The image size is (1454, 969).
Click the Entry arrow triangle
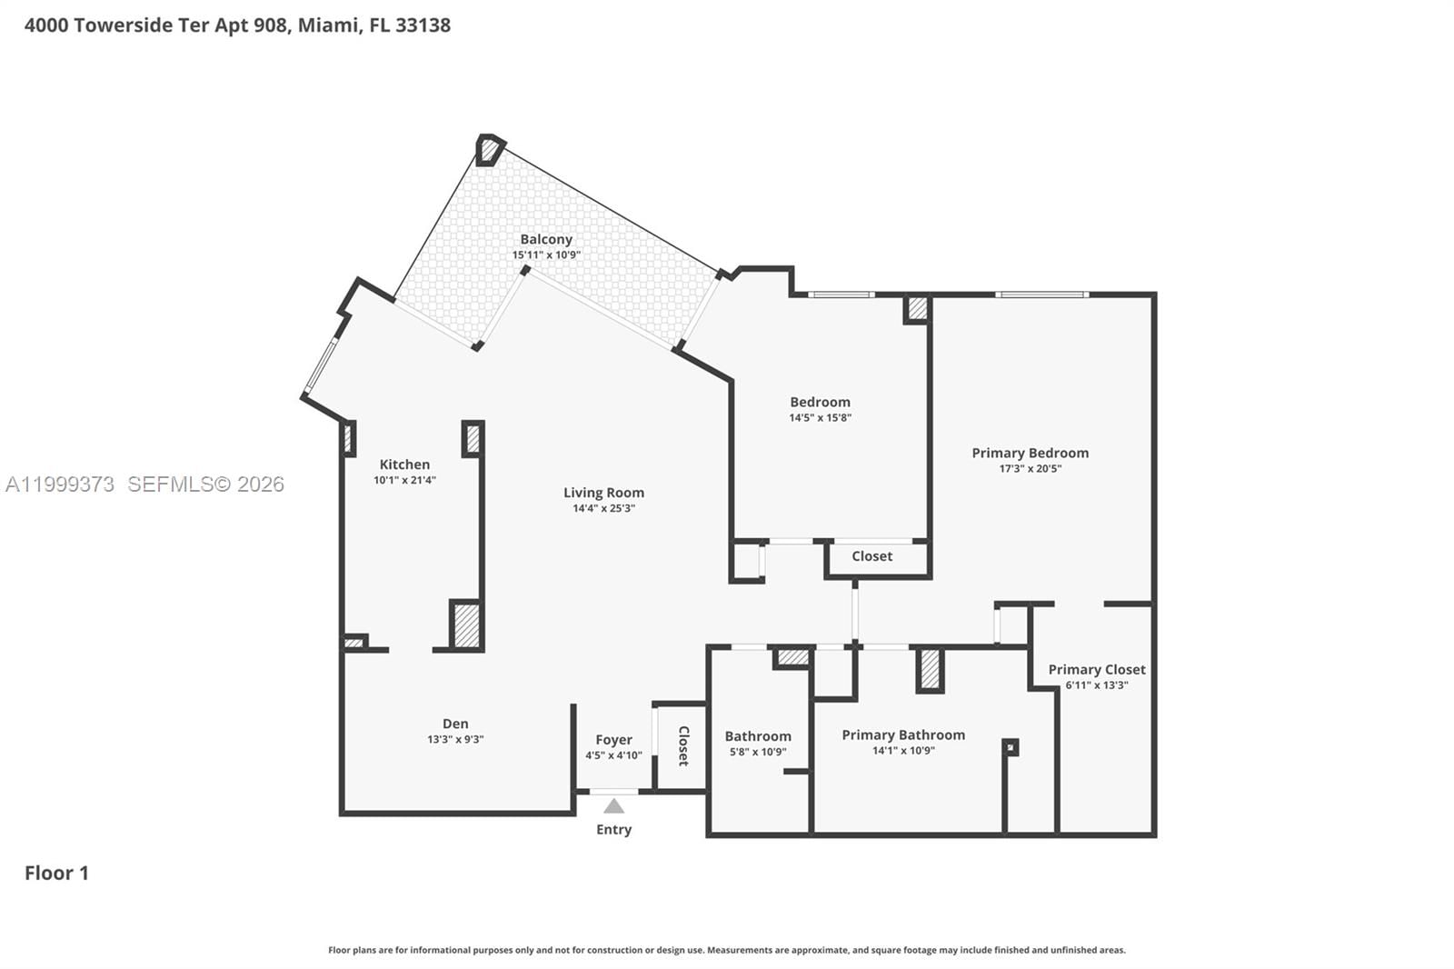(x=614, y=806)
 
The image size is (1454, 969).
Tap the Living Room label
(x=603, y=493)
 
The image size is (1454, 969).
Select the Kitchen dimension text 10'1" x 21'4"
(x=404, y=480)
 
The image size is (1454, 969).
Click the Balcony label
(x=546, y=239)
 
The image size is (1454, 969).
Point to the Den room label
(x=455, y=724)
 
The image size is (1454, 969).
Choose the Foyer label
(x=613, y=740)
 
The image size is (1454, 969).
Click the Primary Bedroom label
(x=1030, y=453)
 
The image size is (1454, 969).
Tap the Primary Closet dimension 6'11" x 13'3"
(x=1096, y=685)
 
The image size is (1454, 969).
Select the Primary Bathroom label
(x=903, y=734)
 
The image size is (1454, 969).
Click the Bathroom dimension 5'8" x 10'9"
(x=758, y=752)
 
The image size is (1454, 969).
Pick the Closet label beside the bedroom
(x=871, y=556)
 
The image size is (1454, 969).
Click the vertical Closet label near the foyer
(x=683, y=745)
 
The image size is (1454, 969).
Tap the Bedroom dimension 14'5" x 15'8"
(x=820, y=418)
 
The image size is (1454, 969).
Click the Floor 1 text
(x=56, y=873)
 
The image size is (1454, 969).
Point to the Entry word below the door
(x=613, y=829)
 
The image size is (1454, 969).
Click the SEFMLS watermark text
(x=205, y=484)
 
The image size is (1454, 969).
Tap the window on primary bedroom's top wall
(x=1041, y=295)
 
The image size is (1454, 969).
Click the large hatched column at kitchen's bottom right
(x=466, y=625)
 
